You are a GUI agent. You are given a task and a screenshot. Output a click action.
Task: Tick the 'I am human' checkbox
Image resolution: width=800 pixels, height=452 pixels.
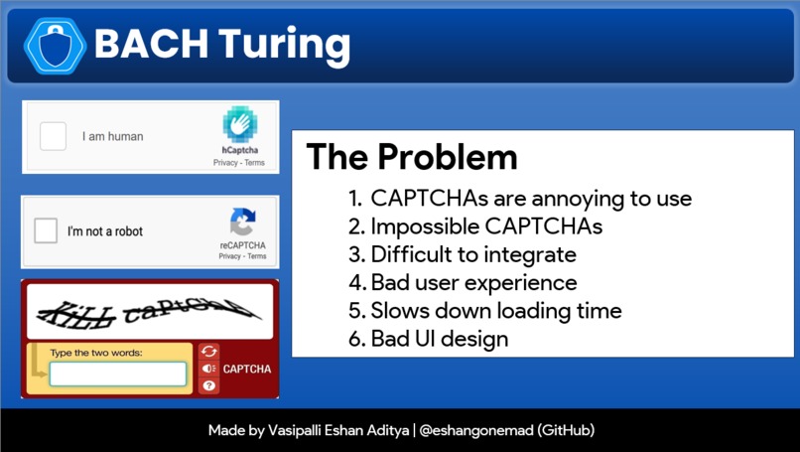tap(53, 136)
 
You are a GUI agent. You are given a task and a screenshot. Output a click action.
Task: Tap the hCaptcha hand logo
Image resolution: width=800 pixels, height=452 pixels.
tap(239, 125)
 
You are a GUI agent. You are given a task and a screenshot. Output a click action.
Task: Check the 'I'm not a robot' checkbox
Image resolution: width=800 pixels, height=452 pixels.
tap(46, 231)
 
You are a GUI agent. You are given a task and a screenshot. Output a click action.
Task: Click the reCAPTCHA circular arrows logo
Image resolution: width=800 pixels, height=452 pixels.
tap(242, 222)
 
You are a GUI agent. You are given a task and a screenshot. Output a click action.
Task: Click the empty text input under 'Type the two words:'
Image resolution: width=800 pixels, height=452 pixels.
tap(118, 374)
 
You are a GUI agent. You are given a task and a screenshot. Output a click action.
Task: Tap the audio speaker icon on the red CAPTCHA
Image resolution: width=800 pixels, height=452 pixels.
tap(208, 369)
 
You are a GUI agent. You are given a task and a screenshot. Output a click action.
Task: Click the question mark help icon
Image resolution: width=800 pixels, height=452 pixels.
tap(208, 385)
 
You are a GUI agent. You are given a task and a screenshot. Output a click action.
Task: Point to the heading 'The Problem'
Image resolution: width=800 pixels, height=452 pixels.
tap(411, 157)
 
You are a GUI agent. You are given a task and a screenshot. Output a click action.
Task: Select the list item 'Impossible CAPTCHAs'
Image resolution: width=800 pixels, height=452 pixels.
tap(486, 226)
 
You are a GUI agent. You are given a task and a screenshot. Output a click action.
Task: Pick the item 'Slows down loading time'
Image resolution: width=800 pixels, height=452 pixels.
tap(496, 310)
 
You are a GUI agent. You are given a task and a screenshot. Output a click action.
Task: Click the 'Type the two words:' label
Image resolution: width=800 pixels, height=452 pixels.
tap(96, 353)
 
